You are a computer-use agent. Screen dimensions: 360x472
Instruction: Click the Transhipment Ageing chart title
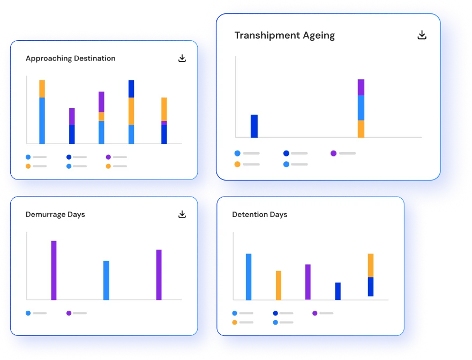click(x=284, y=35)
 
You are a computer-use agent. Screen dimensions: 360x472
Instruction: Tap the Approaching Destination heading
click(x=70, y=58)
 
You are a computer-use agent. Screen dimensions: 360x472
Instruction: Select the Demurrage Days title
click(x=55, y=214)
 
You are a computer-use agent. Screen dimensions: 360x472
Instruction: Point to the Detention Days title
click(x=259, y=214)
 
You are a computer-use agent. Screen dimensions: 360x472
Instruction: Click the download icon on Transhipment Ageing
click(x=422, y=35)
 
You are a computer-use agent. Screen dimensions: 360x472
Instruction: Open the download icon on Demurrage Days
click(x=182, y=214)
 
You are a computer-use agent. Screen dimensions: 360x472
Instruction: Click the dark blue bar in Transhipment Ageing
click(x=254, y=126)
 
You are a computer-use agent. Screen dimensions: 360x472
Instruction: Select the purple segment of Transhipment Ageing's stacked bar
click(x=361, y=87)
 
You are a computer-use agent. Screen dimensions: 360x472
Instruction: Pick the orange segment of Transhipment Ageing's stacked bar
click(x=361, y=129)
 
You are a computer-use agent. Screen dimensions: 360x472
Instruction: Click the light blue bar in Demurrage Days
click(x=106, y=280)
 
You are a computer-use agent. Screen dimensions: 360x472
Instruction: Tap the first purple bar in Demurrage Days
click(x=54, y=271)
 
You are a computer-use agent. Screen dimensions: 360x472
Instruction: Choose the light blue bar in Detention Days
click(x=249, y=276)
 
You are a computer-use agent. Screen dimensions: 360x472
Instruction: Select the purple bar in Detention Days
click(x=308, y=282)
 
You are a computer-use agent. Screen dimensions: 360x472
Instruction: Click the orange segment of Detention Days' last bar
click(x=371, y=265)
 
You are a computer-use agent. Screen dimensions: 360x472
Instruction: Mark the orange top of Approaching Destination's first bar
click(x=42, y=88)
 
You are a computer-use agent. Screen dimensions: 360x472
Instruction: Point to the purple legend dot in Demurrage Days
click(x=69, y=313)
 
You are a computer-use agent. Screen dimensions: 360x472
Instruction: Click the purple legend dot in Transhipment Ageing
click(x=333, y=153)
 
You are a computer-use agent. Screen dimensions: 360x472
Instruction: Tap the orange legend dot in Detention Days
click(x=235, y=322)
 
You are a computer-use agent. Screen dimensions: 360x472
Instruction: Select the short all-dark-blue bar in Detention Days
click(x=338, y=291)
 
